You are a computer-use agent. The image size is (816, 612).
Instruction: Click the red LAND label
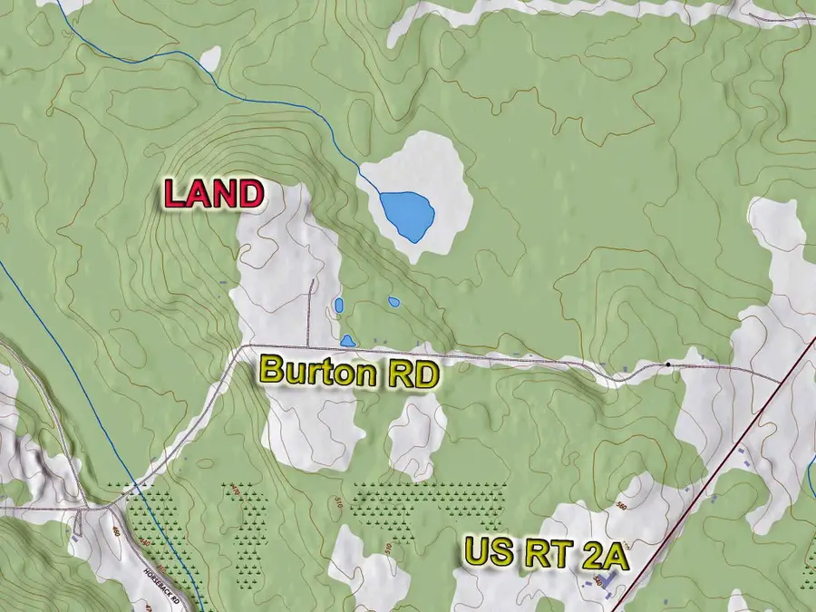(213, 193)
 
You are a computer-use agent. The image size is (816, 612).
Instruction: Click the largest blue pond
(406, 215)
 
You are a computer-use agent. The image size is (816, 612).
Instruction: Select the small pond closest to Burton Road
(347, 341)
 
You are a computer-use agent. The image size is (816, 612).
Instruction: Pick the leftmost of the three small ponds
(338, 306)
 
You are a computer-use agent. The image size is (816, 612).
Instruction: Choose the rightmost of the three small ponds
(393, 301)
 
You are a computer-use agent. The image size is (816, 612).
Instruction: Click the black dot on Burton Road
(668, 364)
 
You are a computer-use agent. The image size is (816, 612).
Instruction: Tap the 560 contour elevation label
(622, 505)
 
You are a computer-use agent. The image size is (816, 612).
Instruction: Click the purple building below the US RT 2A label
(609, 578)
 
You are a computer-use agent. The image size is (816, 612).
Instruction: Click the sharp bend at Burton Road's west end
(241, 346)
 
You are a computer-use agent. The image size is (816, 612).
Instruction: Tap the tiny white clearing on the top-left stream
(210, 59)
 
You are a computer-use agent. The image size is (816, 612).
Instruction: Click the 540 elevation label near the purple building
(597, 580)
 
